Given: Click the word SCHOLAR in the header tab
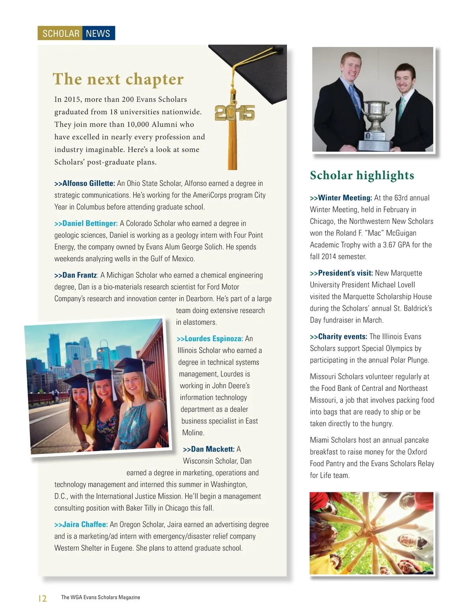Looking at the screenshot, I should [61, 33].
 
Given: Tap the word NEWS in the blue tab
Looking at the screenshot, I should [98, 33].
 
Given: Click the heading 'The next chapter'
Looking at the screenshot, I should [118, 79].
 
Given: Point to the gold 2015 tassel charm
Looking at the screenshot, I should [235, 113].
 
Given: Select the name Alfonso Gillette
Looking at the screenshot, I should [88, 183].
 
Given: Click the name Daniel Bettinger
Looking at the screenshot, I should [90, 223].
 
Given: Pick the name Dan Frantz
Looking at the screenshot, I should [79, 275].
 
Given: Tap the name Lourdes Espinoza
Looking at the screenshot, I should [213, 339].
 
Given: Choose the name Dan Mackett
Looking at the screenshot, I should [212, 449].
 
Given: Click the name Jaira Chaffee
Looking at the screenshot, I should [85, 525].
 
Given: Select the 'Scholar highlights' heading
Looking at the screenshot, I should [362, 175].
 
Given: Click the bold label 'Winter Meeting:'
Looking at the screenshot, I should [345, 198].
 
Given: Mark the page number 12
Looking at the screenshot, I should [42, 598].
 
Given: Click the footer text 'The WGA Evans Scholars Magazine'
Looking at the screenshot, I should [101, 597].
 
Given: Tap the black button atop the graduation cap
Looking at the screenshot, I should [279, 49].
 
